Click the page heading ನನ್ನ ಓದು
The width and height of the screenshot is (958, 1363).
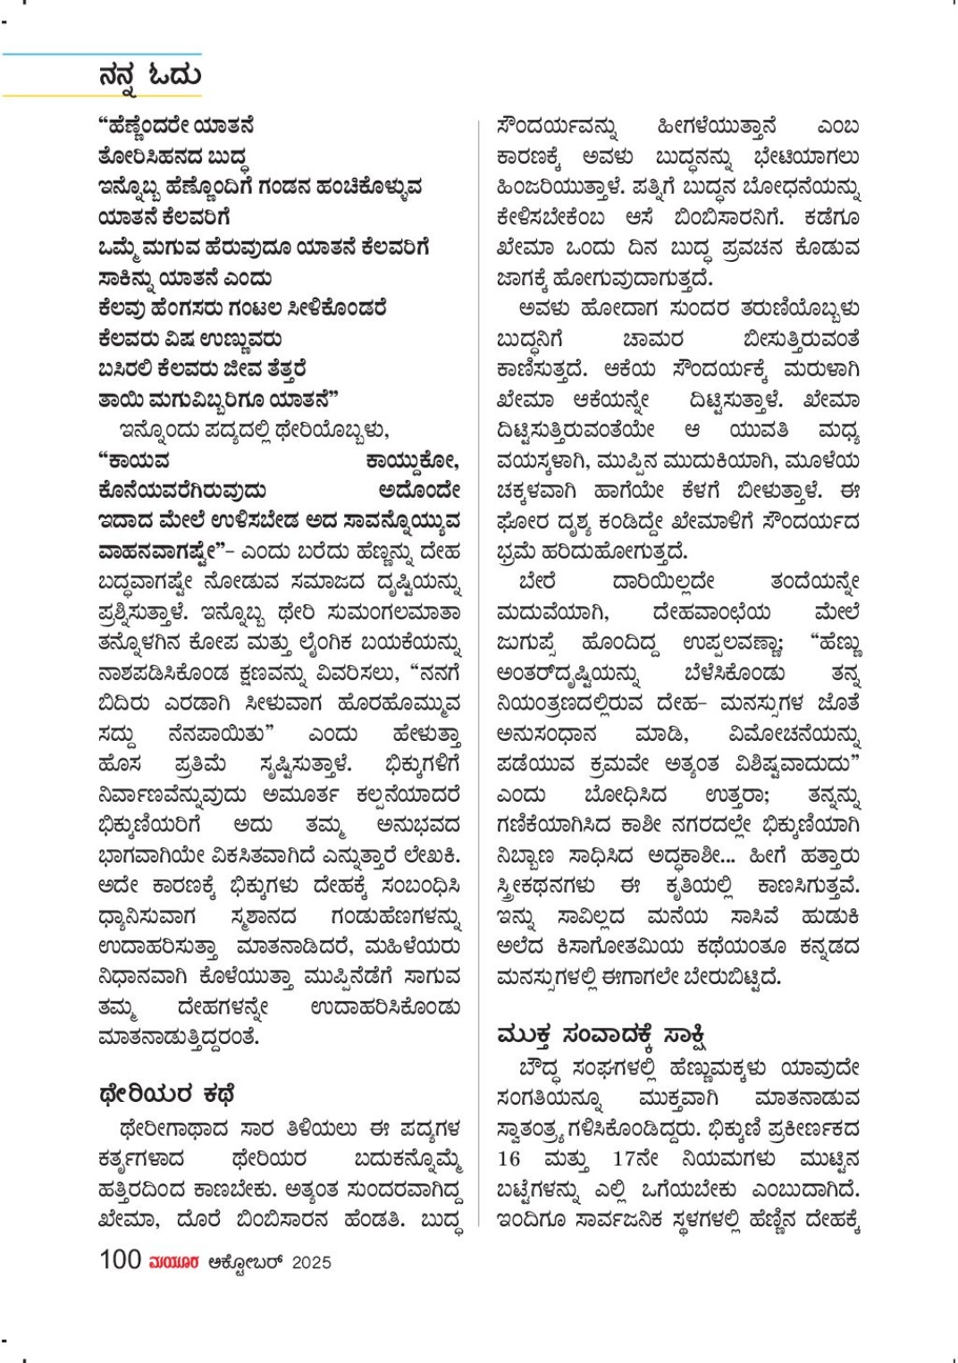click(x=150, y=76)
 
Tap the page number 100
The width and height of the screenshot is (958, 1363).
click(x=120, y=1259)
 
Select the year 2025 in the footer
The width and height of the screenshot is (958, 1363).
click(x=311, y=1262)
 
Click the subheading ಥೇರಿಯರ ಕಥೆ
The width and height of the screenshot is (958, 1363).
click(x=166, y=1094)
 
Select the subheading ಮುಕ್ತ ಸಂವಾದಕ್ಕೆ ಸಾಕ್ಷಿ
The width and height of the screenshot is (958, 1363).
click(x=601, y=1035)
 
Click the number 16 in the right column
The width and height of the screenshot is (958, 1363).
click(x=509, y=1159)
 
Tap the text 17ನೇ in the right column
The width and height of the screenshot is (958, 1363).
click(x=635, y=1159)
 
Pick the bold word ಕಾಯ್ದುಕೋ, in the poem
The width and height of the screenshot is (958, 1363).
click(x=413, y=461)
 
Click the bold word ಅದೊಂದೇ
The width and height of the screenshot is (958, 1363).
click(x=419, y=491)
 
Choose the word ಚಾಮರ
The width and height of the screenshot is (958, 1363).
click(x=652, y=340)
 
